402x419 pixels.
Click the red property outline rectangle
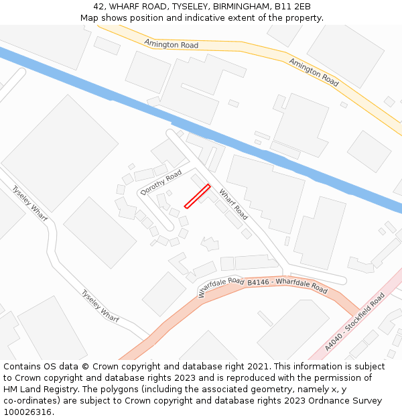point(198,196)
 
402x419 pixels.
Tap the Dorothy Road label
point(161,182)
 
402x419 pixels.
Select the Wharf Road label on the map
point(233,204)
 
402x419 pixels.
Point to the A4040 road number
point(334,341)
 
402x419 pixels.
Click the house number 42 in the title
point(98,6)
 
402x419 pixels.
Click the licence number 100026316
point(28,412)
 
